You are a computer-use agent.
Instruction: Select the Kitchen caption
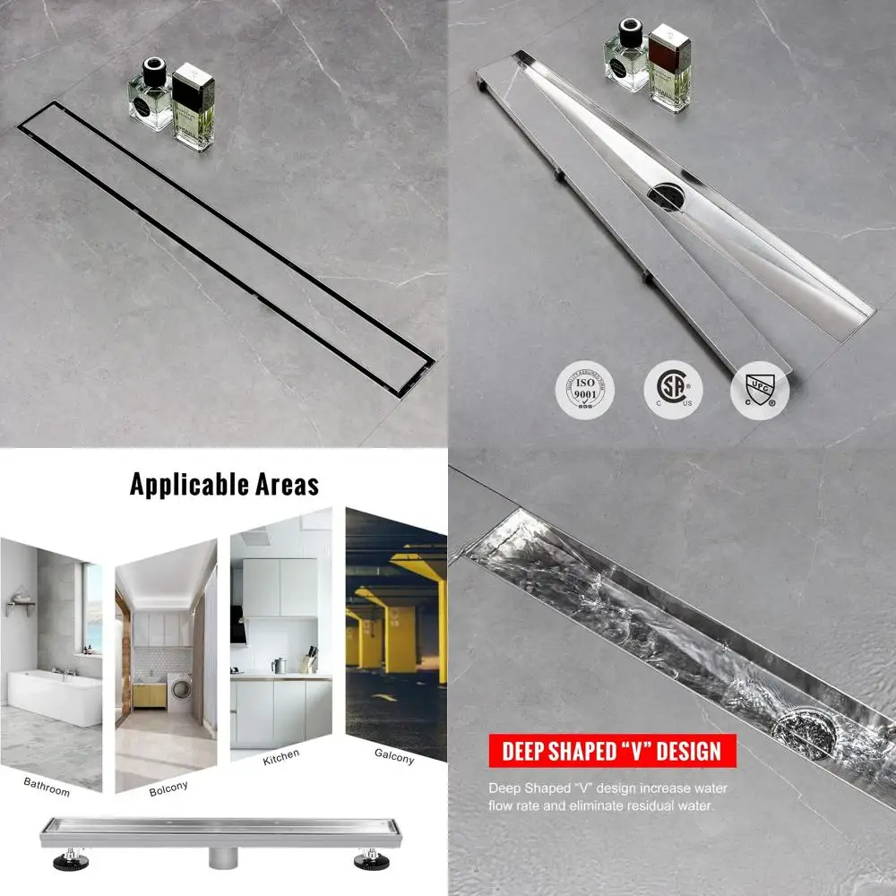pos(282,759)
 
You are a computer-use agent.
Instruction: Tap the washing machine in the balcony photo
pos(179,692)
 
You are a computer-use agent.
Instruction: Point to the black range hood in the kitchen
pos(238,625)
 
